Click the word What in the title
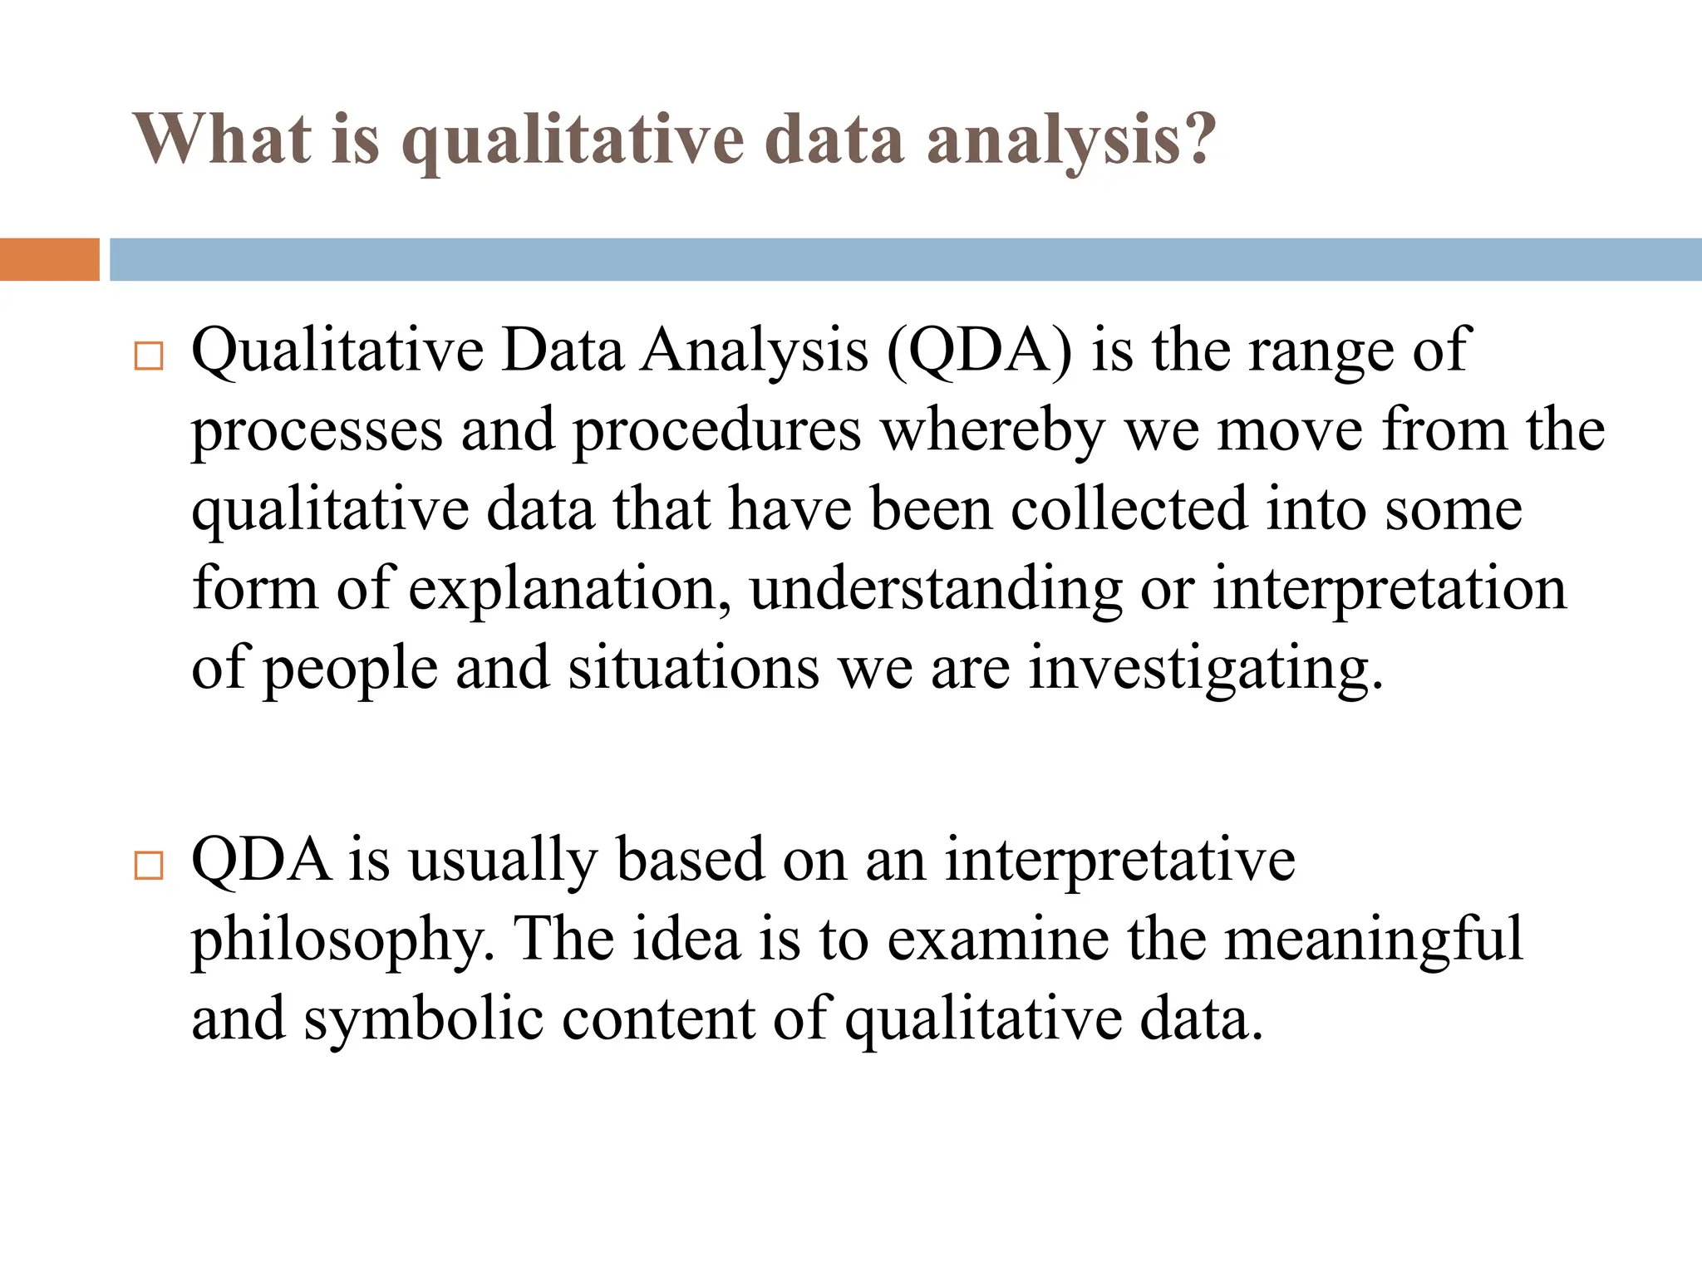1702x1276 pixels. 222,140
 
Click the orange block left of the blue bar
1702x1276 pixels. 49,259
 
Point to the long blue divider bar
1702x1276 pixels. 905,259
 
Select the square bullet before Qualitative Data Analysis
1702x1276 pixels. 148,357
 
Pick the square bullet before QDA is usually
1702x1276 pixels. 148,866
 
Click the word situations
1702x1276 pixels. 693,668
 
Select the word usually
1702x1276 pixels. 502,861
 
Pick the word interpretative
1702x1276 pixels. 1119,860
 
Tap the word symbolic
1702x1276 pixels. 423,1019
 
